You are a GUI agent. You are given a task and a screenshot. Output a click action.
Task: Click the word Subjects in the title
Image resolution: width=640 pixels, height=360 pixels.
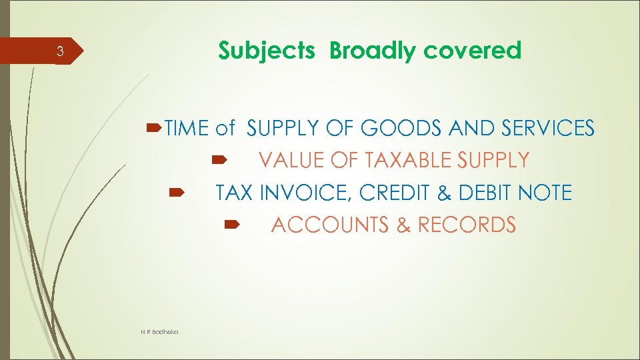point(267,51)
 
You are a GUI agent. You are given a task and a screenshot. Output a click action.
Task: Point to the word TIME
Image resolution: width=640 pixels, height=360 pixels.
point(187,128)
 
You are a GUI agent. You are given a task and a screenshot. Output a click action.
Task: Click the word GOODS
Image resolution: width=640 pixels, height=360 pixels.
point(401,128)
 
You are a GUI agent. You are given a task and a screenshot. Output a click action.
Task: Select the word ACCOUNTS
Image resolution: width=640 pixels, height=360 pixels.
point(331,225)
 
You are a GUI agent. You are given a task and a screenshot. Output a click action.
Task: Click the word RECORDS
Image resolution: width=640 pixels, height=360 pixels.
point(466,225)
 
